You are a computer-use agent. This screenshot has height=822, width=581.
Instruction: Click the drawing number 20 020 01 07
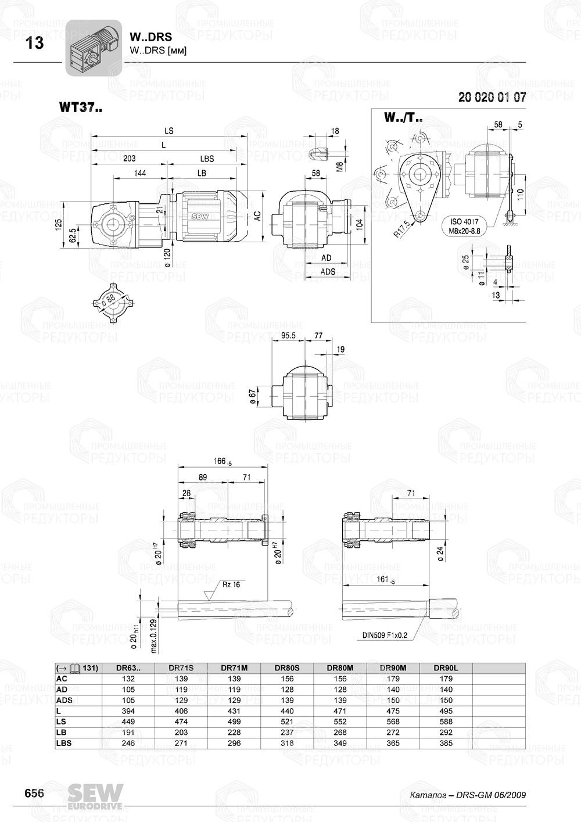(x=492, y=97)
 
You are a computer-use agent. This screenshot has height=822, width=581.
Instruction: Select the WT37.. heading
(x=81, y=107)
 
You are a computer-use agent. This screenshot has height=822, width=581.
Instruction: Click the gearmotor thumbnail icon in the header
(x=93, y=47)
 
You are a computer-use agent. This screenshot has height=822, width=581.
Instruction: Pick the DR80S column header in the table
(x=287, y=668)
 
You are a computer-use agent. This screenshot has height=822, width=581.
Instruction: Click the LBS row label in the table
(x=64, y=743)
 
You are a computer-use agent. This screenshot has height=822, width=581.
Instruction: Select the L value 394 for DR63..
(x=128, y=711)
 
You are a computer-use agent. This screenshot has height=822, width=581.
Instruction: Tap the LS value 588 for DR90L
(x=446, y=722)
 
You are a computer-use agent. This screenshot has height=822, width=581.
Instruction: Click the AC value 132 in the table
(x=128, y=679)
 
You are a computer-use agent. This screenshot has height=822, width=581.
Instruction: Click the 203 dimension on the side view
(x=129, y=159)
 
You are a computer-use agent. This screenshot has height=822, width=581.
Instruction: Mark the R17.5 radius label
(x=401, y=229)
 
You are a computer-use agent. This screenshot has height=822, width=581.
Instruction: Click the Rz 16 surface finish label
(x=231, y=584)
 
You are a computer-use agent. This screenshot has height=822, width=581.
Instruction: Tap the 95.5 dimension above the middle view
(x=288, y=336)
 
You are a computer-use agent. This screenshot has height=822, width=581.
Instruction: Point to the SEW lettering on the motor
(x=200, y=216)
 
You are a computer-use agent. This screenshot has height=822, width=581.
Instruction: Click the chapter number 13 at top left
(x=35, y=43)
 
